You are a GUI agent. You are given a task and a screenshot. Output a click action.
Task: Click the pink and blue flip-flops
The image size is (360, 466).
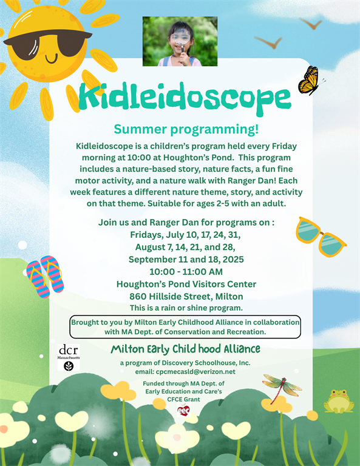pos(45,277)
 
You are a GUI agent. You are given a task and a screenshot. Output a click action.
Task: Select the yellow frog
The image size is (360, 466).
pos(339,401)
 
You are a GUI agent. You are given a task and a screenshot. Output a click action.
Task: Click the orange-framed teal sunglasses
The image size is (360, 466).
pos(321,237)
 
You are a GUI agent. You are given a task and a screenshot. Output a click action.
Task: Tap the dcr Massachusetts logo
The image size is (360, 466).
pos(69,357)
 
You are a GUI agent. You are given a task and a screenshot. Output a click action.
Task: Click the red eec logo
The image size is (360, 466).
pos(183,410)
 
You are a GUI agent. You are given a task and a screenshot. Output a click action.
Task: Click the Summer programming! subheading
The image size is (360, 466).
pos(186,129)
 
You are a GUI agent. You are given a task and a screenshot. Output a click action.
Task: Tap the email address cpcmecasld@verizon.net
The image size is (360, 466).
pos(195,371)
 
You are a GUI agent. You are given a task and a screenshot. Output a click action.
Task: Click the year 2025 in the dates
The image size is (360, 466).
pos(233,259)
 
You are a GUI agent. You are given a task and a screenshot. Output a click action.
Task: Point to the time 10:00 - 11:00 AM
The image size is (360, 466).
pos(186,272)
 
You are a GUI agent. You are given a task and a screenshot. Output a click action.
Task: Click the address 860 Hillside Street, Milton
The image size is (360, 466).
pos(186,296)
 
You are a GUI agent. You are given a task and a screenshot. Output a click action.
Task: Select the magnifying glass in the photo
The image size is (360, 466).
pos(180,40)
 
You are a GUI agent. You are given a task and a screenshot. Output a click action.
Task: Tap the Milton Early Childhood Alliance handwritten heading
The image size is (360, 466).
pos(186,349)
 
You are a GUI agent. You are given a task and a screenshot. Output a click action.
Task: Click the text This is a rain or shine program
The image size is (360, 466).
pos(186,308)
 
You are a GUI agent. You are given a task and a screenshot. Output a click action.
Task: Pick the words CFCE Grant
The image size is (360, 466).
pos(183,399)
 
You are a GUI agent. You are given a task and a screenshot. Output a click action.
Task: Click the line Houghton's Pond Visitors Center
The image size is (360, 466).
pos(186,284)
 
